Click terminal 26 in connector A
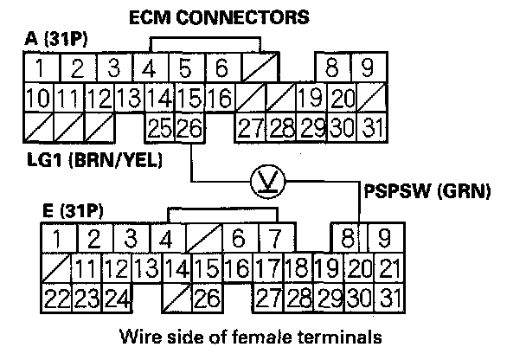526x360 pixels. tap(188, 129)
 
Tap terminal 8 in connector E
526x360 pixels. tap(348, 235)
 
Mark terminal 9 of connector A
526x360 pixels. tap(366, 67)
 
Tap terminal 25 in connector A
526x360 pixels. tap(158, 129)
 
